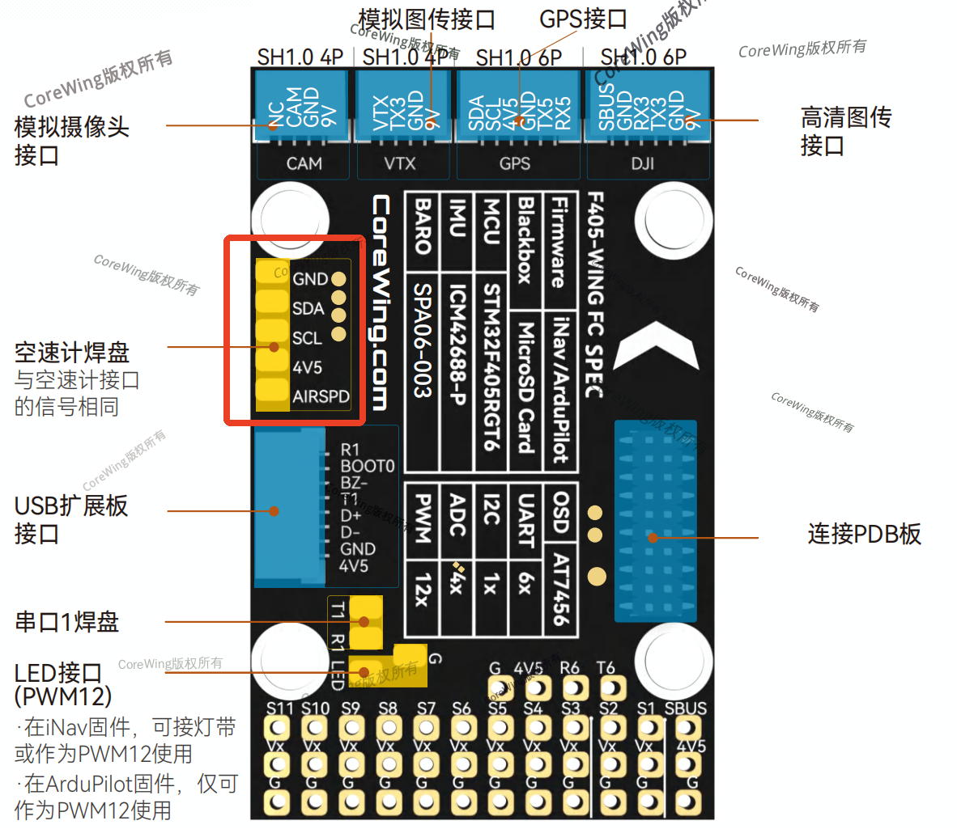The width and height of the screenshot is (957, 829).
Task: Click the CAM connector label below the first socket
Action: [x=304, y=163]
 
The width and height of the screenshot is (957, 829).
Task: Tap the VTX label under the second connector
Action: [x=400, y=163]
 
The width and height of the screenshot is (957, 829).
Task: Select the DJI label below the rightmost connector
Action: [x=643, y=163]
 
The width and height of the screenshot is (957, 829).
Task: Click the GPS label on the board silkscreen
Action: [x=515, y=163]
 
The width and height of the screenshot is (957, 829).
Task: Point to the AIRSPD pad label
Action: [x=321, y=396]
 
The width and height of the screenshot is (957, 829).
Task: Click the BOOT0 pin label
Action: [x=367, y=466]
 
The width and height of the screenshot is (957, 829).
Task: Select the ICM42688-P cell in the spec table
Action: [x=457, y=344]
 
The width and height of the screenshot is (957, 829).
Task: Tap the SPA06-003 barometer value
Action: [x=422, y=340]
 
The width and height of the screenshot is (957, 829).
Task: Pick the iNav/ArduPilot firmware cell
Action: [x=559, y=389]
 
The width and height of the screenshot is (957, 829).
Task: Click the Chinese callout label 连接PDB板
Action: [x=864, y=534]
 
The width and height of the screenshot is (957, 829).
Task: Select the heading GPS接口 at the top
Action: [x=583, y=19]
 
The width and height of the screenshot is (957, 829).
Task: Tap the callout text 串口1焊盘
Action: [x=67, y=622]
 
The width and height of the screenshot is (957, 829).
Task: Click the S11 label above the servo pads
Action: [x=279, y=708]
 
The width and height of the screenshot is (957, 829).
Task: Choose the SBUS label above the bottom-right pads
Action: [x=685, y=708]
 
